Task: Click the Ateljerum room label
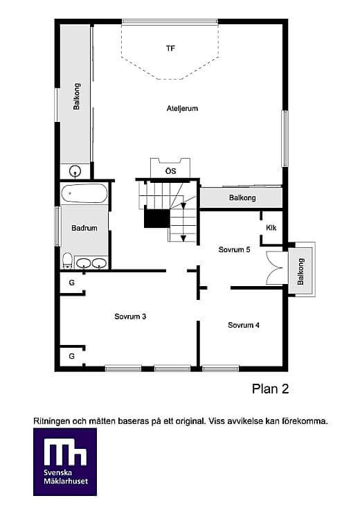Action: pyautogui.click(x=182, y=109)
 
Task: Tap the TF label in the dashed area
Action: pyautogui.click(x=170, y=48)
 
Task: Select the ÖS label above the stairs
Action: pyautogui.click(x=170, y=171)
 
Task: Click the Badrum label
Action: pyautogui.click(x=84, y=228)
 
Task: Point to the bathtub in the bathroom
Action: pyautogui.click(x=84, y=193)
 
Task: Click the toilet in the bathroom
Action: pyautogui.click(x=67, y=260)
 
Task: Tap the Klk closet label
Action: pyautogui.click(x=271, y=227)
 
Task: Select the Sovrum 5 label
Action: pyautogui.click(x=234, y=249)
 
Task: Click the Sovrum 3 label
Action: pyautogui.click(x=130, y=317)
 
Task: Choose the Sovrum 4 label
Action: pyautogui.click(x=244, y=325)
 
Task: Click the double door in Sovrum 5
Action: pyautogui.click(x=275, y=268)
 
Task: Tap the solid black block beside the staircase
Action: pyautogui.click(x=157, y=218)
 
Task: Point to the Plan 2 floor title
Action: pyautogui.click(x=270, y=389)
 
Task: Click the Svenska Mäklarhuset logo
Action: pyautogui.click(x=65, y=461)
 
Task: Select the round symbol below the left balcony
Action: pyautogui.click(x=75, y=171)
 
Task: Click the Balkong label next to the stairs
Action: pyautogui.click(x=242, y=197)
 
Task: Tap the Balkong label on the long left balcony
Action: pyautogui.click(x=77, y=96)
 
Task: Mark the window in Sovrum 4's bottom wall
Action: pyautogui.click(x=220, y=369)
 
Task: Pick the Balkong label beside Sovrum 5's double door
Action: pyautogui.click(x=300, y=272)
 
